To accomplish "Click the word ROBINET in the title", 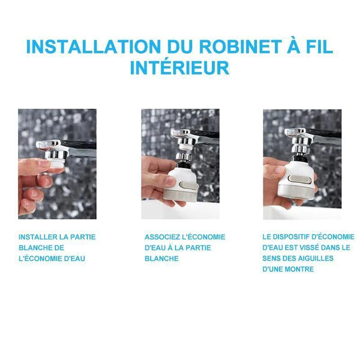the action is [240, 47].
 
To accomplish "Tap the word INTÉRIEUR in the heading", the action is [179, 67].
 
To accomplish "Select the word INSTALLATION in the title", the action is [93, 47].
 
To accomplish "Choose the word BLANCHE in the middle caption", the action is [161, 259].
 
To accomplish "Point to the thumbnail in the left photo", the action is [44, 163].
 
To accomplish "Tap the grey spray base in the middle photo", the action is [180, 195].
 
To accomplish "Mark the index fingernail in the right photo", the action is [280, 170].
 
